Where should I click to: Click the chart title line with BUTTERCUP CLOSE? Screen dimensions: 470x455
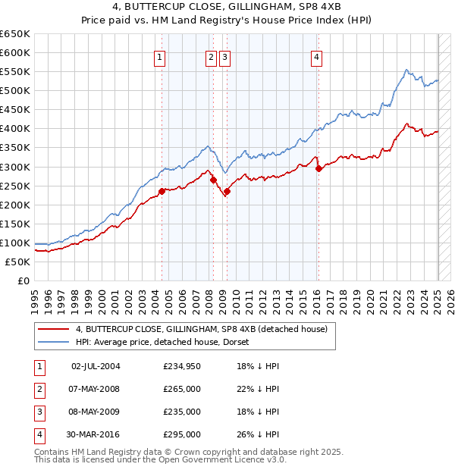coord(227,8)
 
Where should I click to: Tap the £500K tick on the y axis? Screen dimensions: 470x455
coord(15,90)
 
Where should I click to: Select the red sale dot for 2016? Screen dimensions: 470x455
coord(318,168)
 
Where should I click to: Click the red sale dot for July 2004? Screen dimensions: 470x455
coord(162,191)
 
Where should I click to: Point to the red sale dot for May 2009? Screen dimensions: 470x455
coord(227,191)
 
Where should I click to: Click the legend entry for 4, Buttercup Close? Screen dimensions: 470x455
coord(201,329)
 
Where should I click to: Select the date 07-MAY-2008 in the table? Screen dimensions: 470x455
coord(96,389)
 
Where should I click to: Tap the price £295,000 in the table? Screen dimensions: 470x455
coord(182,434)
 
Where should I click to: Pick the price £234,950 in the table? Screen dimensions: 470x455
coord(182,366)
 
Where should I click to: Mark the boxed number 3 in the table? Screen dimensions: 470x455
coord(38,412)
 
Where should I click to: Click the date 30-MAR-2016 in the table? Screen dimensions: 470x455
coord(96,434)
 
